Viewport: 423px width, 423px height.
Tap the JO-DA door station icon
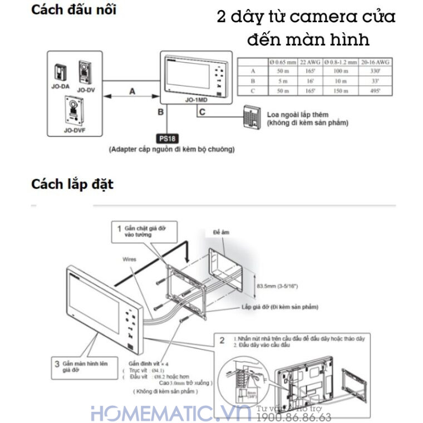[x=60, y=73]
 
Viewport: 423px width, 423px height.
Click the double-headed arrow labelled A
[x=132, y=97]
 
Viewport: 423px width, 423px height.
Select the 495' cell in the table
[x=375, y=90]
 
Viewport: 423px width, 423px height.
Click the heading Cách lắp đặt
[x=72, y=184]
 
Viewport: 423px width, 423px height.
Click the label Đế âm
[x=221, y=230]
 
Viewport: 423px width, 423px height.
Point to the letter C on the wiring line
[x=202, y=113]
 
